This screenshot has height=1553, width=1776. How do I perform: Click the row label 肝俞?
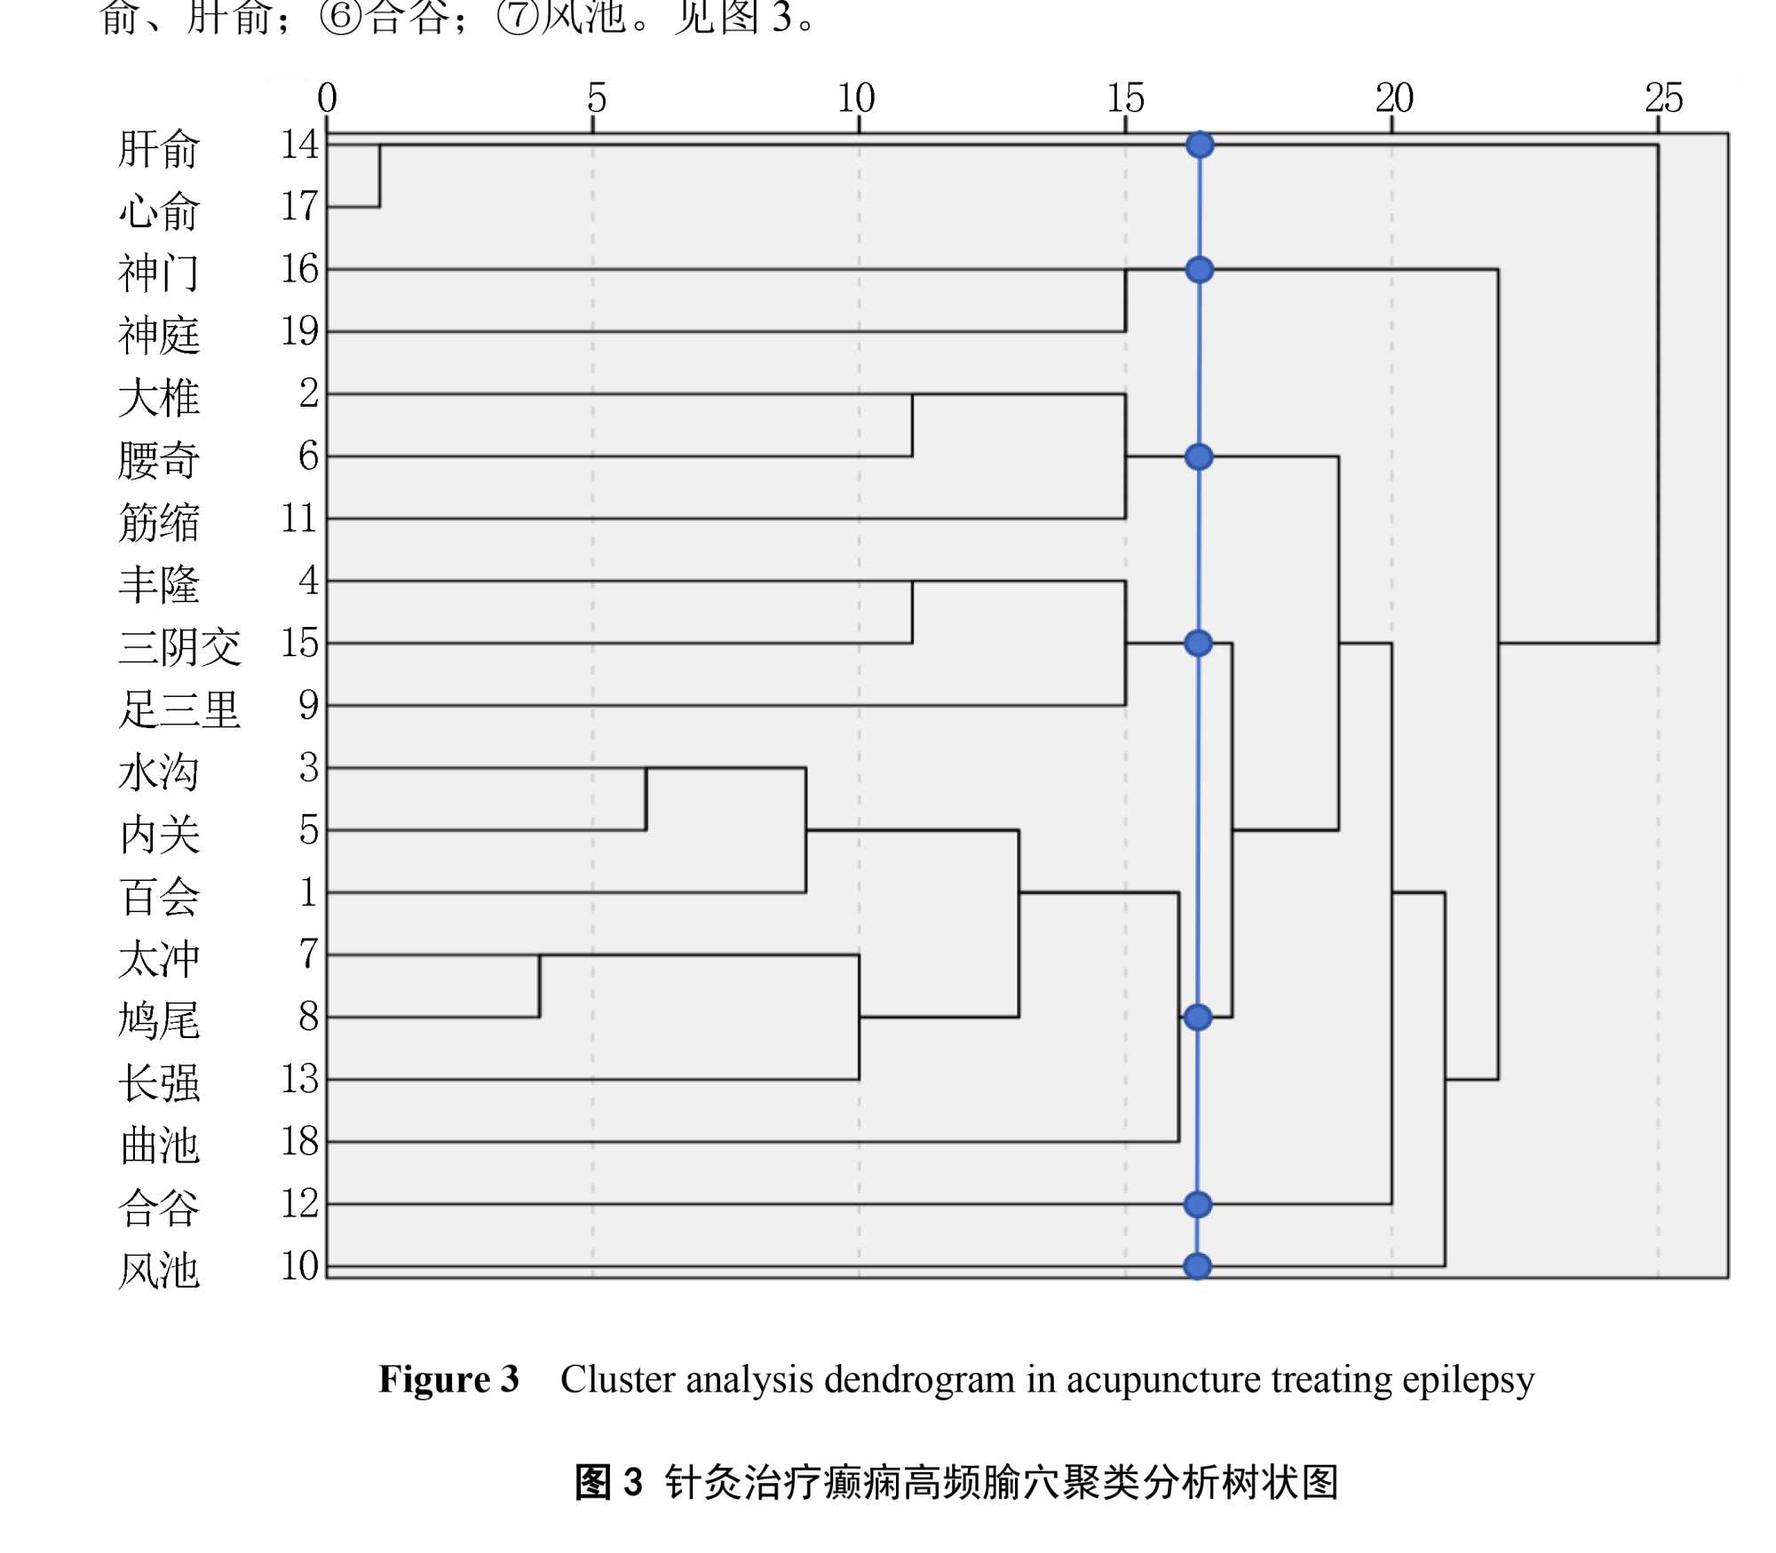coord(159,148)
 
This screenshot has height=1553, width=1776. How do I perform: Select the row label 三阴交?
coord(179,646)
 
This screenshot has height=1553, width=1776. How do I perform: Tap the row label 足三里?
coord(179,709)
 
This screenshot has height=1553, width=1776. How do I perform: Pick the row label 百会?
coord(159,896)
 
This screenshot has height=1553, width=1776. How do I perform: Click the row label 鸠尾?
coord(159,1020)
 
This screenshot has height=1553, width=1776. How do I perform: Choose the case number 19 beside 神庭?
coord(299,331)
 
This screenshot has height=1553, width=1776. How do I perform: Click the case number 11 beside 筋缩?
coord(299,518)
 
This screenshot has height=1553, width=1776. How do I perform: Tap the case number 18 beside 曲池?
coord(299,1141)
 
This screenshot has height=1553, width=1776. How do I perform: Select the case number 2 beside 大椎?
coord(308,393)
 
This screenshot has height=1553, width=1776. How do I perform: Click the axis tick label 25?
coord(1663,98)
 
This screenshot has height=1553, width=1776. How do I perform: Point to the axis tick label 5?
coord(596,98)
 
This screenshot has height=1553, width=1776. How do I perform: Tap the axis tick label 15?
coord(1125,98)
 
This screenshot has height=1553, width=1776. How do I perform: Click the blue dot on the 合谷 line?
coord(1198,1204)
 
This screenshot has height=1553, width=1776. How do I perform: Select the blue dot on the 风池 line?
coord(1197,1266)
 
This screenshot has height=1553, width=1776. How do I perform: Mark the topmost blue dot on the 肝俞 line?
coord(1200,145)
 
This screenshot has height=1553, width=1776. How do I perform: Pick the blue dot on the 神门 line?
coord(1200,270)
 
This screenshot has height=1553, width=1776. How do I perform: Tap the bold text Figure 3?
coord(448,1380)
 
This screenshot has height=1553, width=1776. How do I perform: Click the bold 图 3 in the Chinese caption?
coord(608,1482)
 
